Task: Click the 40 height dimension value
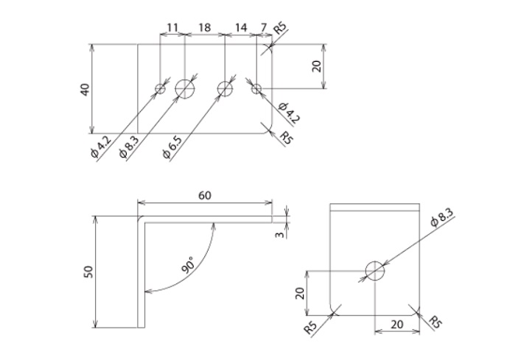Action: coord(85,89)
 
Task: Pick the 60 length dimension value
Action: coord(205,195)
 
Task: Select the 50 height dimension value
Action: coord(88,271)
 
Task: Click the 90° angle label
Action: coord(189,264)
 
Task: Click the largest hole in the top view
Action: coord(185,88)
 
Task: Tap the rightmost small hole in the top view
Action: coord(256,89)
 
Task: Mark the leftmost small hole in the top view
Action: coord(161,89)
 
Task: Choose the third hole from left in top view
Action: coord(225,88)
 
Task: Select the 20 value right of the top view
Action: coord(316,66)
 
